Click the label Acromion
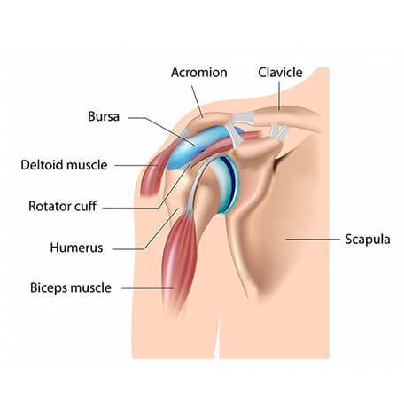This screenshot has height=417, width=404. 198,73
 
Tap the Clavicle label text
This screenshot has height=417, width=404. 280,73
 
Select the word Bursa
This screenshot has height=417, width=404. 104,116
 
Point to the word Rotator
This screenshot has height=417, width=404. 50,206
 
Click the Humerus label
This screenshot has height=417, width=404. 76,248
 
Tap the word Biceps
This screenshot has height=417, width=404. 49,288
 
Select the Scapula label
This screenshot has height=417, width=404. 368,240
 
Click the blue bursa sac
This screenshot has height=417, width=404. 195,147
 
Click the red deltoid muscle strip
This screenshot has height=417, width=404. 155,169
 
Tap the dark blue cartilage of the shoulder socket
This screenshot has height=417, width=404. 232,176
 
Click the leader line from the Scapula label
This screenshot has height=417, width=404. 313,239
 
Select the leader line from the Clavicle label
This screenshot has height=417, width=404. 279,96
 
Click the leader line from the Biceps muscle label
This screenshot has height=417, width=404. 148,288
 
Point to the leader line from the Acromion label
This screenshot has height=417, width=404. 198,102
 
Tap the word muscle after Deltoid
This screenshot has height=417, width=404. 87,165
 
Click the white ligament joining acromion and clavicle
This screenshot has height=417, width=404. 243,118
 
